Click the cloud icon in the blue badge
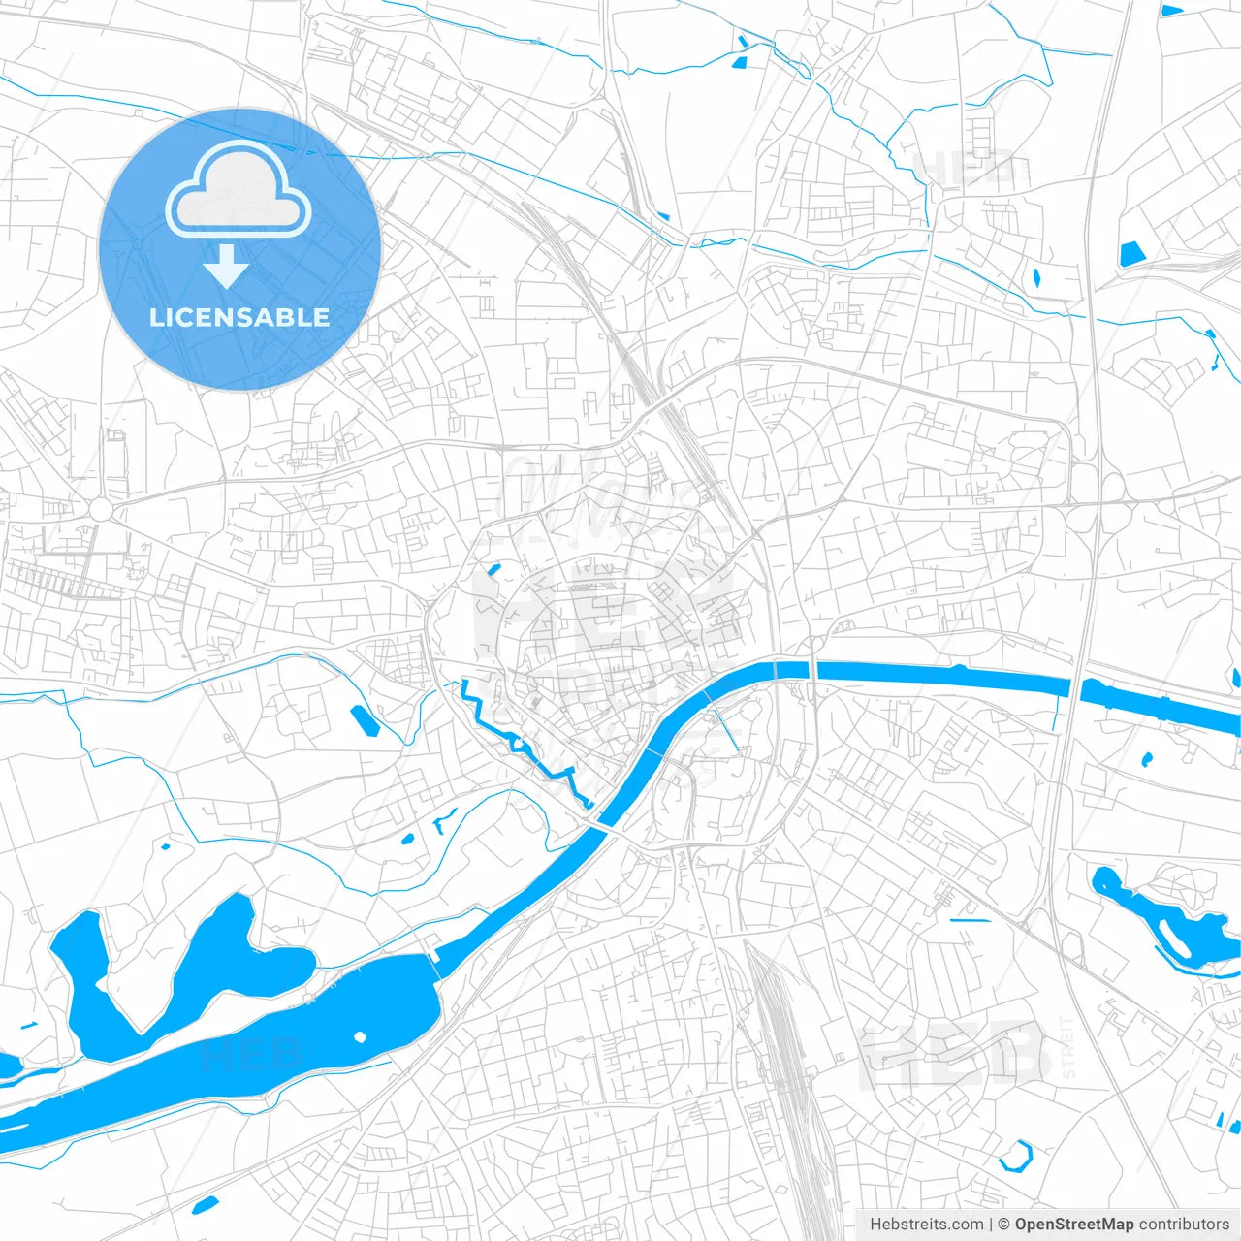[239, 191]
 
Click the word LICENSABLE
[239, 317]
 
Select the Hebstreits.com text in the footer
[927, 1225]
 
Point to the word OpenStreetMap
[1074, 1225]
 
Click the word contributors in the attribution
[1184, 1225]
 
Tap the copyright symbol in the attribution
[1004, 1225]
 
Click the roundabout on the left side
[100, 508]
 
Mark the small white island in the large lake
[360, 1037]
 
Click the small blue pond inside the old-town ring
[494, 569]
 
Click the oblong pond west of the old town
[365, 720]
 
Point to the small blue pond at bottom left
[206, 1205]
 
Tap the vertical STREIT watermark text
[1067, 1047]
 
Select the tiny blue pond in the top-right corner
[1172, 11]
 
